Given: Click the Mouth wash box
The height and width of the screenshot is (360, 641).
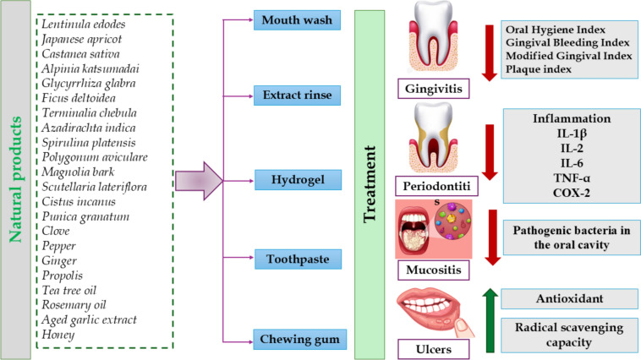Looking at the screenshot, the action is point(297,20).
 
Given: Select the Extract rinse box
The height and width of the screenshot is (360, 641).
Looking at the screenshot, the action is point(297,95).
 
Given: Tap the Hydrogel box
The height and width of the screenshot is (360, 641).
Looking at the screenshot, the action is point(298,180).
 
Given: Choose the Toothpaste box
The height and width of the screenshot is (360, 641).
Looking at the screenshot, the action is point(298,259).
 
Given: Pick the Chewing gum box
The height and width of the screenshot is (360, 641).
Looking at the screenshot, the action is point(300,339).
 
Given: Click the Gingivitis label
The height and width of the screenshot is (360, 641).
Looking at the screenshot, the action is point(434,89).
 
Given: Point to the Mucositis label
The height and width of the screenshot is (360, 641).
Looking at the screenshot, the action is point(434,270).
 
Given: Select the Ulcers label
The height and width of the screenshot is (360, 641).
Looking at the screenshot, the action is point(434,349).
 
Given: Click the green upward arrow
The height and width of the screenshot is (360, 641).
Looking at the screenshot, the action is point(490,320).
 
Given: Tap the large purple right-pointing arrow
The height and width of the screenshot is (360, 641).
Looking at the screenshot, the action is point(199,181).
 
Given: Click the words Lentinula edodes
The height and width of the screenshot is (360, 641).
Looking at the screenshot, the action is point(84,25).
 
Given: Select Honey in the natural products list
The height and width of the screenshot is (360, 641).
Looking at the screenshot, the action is point(58,335).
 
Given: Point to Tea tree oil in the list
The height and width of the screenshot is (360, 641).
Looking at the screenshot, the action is point(69,290).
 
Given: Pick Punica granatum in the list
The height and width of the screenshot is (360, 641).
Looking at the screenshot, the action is point(85,216).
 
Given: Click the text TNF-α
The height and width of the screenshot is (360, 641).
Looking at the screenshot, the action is point(572,178).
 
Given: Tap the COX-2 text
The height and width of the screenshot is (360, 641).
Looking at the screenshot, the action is point(572,193).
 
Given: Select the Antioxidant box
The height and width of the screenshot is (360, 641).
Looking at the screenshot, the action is point(569,298).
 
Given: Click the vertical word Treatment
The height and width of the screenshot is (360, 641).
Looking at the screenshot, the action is point(370,184).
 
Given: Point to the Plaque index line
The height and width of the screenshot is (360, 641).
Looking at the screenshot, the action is point(539,69).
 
